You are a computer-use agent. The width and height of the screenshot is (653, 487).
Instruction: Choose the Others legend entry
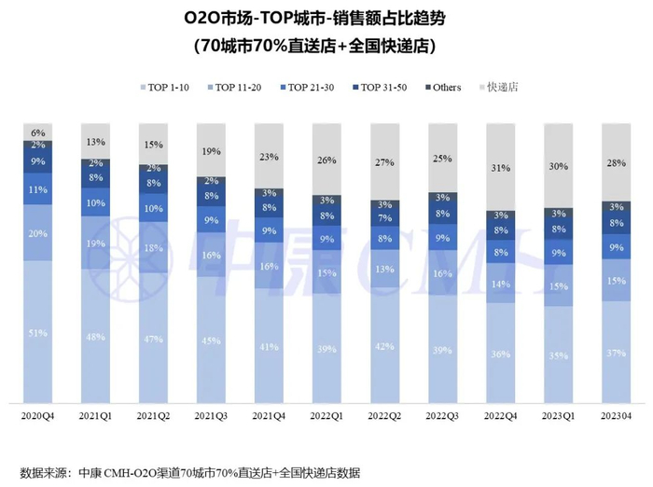click(x=441, y=87)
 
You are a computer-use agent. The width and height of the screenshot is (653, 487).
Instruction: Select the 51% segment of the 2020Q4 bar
click(x=38, y=332)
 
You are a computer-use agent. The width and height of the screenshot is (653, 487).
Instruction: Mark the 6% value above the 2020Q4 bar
click(x=38, y=132)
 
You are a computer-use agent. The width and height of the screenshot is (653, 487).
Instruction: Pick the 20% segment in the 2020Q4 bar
click(x=38, y=233)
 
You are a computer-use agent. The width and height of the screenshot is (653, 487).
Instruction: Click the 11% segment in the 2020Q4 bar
click(x=38, y=189)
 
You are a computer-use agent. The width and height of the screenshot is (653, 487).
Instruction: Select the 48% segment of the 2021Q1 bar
click(x=95, y=337)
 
